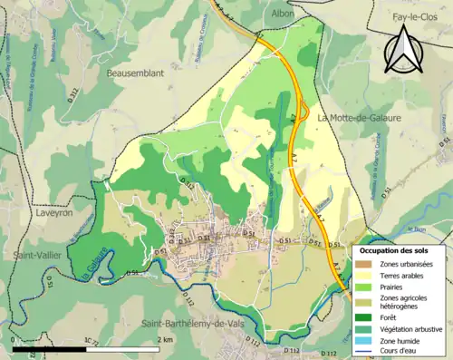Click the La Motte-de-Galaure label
(x=361, y=117)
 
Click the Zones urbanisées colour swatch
(x=365, y=264)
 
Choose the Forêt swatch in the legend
(x=365, y=317)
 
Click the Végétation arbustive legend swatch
(x=365, y=330)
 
